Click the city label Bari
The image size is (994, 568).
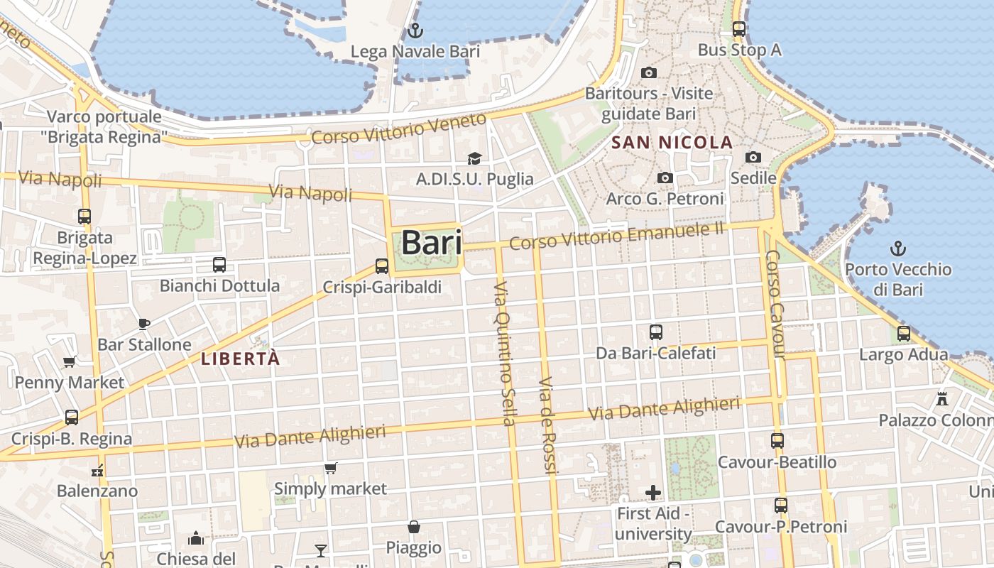(432, 243)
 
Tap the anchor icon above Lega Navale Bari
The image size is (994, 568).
(415, 31)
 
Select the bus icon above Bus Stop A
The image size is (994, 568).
(739, 29)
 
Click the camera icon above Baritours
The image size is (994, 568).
(648, 72)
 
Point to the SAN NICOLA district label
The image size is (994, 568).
(672, 142)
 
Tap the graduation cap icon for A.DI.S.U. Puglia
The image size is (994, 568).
(474, 158)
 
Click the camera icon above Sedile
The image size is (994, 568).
(753, 157)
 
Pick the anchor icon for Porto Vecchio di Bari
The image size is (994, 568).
(899, 248)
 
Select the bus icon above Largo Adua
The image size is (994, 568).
(904, 333)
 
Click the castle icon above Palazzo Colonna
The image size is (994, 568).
(942, 398)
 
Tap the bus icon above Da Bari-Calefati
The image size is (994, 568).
(656, 332)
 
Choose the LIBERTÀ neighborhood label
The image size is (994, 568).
(240, 359)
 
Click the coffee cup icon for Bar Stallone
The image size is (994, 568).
(144, 324)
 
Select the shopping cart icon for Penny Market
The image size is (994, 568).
(70, 362)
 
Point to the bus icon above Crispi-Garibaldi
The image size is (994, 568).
(382, 266)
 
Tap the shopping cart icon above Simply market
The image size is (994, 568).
(330, 468)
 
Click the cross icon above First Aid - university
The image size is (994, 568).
(653, 492)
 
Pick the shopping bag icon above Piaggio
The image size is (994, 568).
(414, 527)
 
